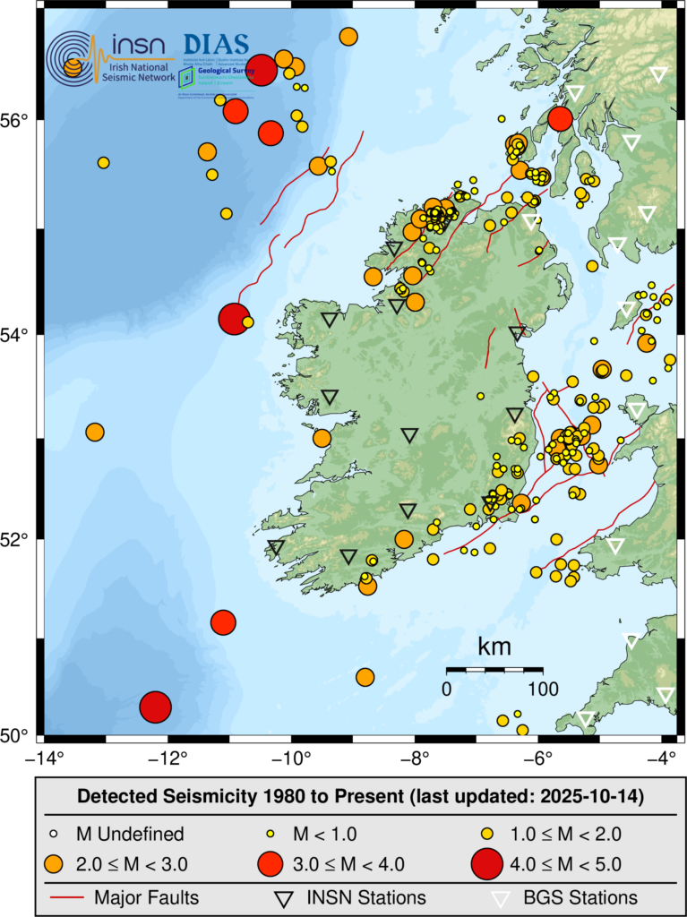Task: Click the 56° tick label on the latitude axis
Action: pos(19,120)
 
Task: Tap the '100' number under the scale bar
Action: pos(542,689)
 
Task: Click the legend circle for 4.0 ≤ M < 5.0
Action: pos(487,864)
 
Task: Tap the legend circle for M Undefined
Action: pos(53,834)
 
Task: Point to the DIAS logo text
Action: pos(215,44)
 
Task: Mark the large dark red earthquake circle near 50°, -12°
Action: pos(155,707)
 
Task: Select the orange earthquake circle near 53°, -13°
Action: pos(95,433)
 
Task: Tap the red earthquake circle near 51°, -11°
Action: pos(223,621)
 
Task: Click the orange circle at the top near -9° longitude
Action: pos(348,37)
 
